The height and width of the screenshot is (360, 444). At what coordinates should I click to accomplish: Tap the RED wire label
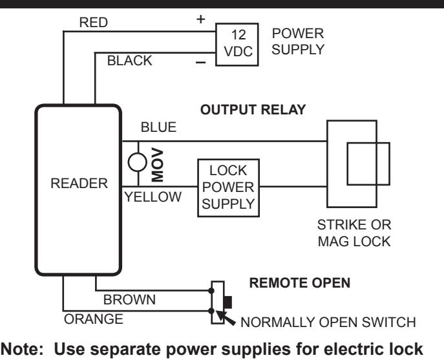click(x=94, y=23)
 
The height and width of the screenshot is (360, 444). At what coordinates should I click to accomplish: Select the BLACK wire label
click(x=130, y=61)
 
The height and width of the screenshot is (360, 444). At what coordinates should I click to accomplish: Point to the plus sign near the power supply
click(x=200, y=19)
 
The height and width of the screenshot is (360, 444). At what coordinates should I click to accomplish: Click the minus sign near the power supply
click(x=201, y=62)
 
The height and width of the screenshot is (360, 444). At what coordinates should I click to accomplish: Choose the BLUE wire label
click(x=158, y=127)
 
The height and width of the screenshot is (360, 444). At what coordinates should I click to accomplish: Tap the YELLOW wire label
click(x=153, y=197)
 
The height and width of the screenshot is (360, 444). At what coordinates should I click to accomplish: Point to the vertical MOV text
click(x=158, y=165)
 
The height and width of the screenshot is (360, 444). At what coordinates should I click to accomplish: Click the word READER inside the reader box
click(x=79, y=184)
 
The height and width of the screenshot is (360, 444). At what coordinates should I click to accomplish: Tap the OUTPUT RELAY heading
click(x=253, y=110)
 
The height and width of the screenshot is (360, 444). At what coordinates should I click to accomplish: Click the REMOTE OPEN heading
click(x=300, y=282)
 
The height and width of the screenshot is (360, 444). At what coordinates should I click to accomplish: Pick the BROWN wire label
click(x=129, y=300)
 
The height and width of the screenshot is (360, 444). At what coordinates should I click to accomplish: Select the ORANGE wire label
click(x=94, y=319)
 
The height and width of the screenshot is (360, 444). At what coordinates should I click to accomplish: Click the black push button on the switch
click(x=227, y=302)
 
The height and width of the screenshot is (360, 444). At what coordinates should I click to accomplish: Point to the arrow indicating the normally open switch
click(x=226, y=318)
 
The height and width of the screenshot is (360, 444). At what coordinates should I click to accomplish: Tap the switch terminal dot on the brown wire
click(x=211, y=291)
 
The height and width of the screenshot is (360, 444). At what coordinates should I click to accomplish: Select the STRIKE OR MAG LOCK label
click(x=354, y=233)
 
